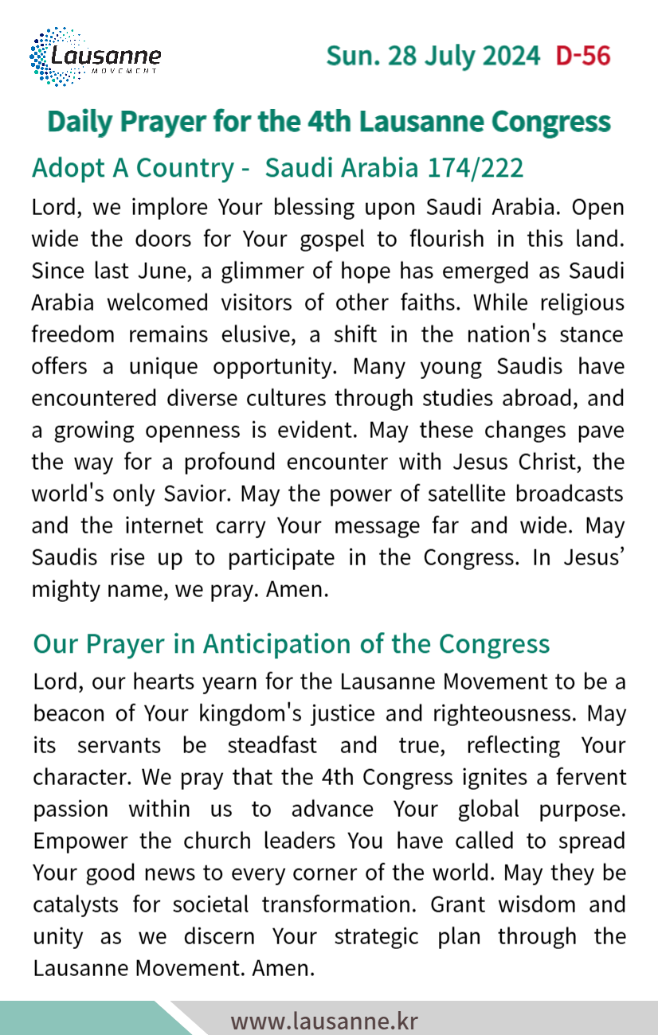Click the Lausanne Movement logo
pyautogui.click(x=95, y=57)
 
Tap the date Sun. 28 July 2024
pyautogui.click(x=433, y=57)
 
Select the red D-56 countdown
pyautogui.click(x=583, y=57)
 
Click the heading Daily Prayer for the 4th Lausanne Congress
pyautogui.click(x=329, y=122)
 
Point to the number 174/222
pyautogui.click(x=476, y=168)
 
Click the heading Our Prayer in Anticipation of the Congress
pyautogui.click(x=292, y=643)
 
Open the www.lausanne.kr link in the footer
pyautogui.click(x=324, y=1021)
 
